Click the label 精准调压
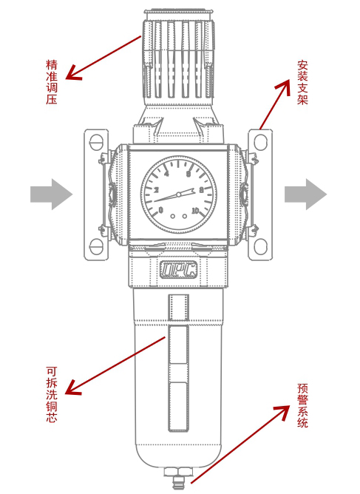[x=52, y=82]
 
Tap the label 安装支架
[x=302, y=82]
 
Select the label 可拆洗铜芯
[x=52, y=394]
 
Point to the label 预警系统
[x=302, y=405]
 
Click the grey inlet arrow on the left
[x=51, y=194]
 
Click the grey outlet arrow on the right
[x=305, y=194]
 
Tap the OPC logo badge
[x=179, y=270]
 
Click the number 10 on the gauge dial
[x=195, y=210]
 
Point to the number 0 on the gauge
[x=161, y=210]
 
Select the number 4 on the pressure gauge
[x=166, y=174]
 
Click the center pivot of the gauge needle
[x=179, y=194]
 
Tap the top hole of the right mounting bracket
[x=260, y=142]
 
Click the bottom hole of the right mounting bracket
[x=260, y=246]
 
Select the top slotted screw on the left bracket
[x=96, y=143]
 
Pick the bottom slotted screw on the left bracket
[x=96, y=246]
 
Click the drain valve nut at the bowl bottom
[x=178, y=472]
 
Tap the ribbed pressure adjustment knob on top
[x=179, y=58]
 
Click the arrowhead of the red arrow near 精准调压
[x=72, y=73]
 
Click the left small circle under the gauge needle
[x=172, y=216]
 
